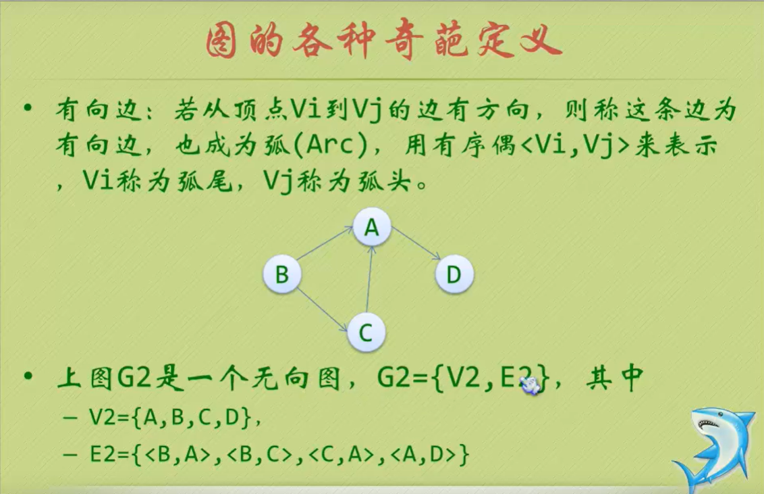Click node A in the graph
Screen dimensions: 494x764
tap(372, 228)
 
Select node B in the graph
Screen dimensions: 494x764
tap(281, 274)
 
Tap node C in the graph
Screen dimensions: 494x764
tap(366, 332)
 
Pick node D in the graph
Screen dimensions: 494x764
tap(454, 274)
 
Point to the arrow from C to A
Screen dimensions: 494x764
tap(369, 280)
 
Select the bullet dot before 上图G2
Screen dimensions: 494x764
tap(28, 377)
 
